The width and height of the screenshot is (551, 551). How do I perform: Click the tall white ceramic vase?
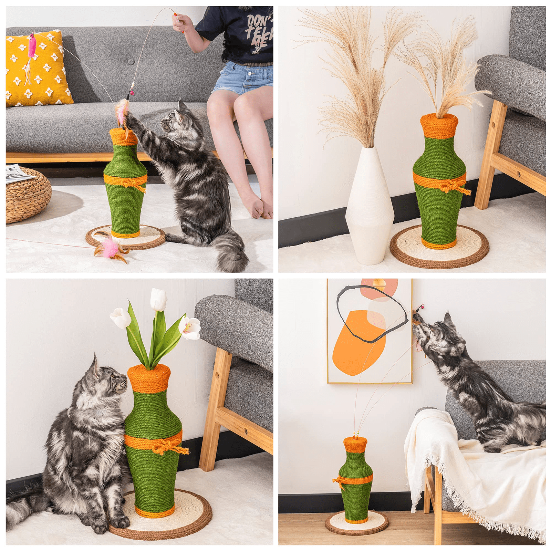point(370,207)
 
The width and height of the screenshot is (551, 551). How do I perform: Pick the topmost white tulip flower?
point(158,300)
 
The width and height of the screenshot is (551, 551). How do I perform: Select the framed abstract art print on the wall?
point(369,331)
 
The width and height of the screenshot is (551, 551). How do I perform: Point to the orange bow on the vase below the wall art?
point(339,481)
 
